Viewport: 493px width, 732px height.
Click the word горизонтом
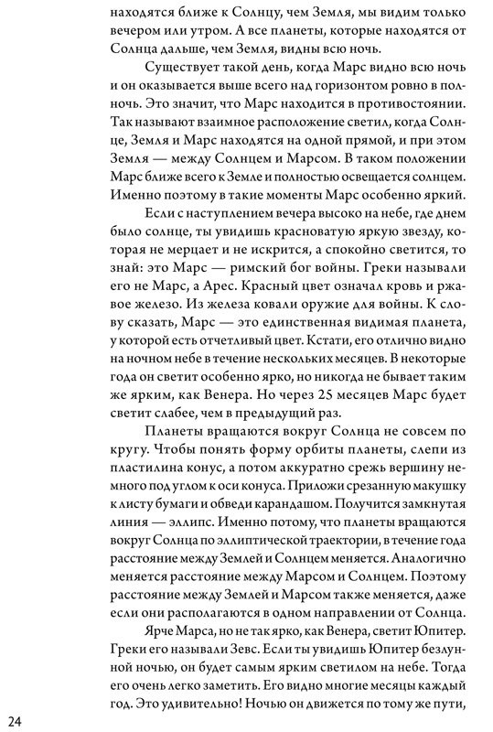coord(310,101)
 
